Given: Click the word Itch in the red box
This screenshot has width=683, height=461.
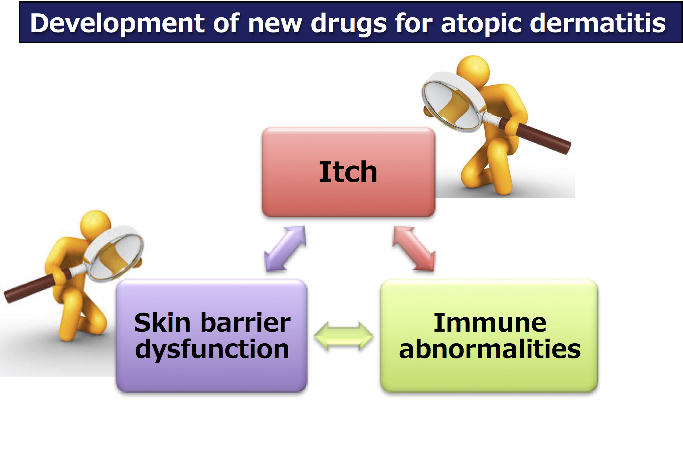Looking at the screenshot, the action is pos(348,172).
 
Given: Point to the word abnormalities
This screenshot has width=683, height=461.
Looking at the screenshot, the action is pos(490,349).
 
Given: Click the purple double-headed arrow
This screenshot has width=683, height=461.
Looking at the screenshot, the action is pos(285,248).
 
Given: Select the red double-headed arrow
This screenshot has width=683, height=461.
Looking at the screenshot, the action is pos(414,248).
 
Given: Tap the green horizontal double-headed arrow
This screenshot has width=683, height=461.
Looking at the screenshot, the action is pos(344,336).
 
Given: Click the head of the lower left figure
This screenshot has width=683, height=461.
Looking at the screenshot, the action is pos(96,225).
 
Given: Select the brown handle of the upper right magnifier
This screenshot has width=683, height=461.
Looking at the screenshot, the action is pos(534,135).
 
